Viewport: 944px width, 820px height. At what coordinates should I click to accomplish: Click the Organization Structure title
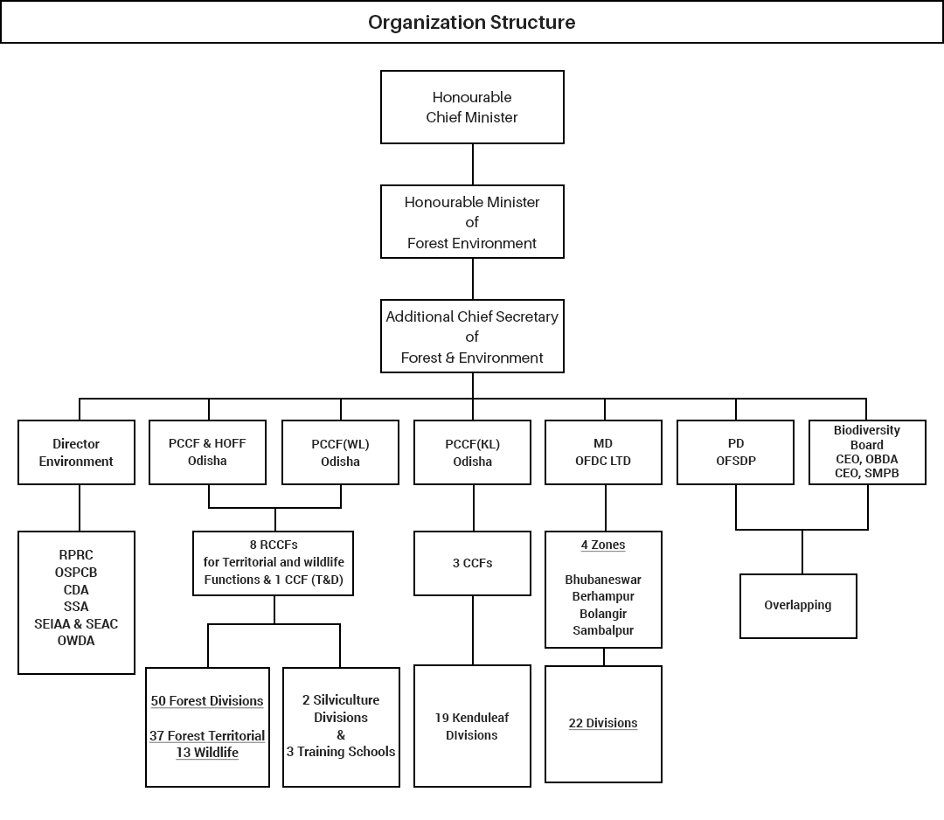(471, 22)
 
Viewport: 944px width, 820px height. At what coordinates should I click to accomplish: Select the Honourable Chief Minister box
(472, 108)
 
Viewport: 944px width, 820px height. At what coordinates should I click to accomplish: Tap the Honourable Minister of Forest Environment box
(472, 222)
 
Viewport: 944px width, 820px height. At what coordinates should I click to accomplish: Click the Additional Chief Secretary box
(472, 337)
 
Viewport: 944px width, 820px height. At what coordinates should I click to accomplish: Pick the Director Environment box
(76, 452)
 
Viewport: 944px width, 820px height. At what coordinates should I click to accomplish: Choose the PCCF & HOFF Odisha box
(207, 452)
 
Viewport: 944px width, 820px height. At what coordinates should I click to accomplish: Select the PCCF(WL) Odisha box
(340, 452)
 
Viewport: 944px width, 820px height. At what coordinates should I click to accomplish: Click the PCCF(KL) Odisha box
(472, 452)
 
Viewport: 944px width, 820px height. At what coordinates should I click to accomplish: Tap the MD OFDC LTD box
(603, 452)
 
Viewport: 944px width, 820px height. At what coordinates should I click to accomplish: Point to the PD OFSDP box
(735, 452)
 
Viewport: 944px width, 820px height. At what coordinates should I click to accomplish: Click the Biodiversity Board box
(866, 452)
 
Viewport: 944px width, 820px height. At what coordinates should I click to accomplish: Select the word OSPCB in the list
(76, 573)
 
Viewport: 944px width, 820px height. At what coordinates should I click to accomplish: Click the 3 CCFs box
(472, 563)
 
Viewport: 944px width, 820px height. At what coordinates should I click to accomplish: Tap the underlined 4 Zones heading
(603, 545)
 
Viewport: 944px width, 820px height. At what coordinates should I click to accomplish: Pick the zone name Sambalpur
(603, 629)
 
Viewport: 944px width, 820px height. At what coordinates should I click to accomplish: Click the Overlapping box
(797, 605)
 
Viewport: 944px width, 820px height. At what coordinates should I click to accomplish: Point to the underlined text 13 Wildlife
(207, 753)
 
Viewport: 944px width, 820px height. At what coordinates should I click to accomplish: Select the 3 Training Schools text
(341, 751)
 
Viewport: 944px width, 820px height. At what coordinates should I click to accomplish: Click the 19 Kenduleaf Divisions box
(472, 726)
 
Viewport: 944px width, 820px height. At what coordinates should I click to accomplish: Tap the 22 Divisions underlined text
(603, 723)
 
